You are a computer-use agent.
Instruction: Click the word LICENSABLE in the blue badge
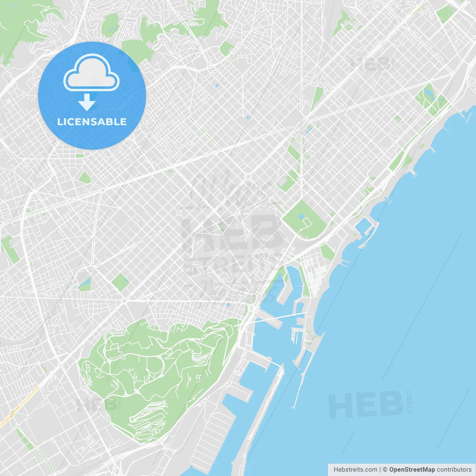click(92, 122)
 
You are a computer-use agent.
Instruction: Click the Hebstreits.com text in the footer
click(356, 470)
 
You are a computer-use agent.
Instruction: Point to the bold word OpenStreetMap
click(412, 470)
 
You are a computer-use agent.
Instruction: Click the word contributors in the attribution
click(454, 470)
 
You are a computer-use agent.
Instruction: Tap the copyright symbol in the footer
click(385, 470)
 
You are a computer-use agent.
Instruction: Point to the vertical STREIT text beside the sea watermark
click(410, 402)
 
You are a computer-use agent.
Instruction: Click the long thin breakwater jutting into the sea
click(299, 383)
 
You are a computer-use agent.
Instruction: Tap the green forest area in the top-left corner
click(22, 26)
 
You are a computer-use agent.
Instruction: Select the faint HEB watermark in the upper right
click(370, 64)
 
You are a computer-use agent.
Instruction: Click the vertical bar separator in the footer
click(380, 470)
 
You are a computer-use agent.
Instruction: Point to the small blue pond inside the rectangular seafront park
click(301, 216)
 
